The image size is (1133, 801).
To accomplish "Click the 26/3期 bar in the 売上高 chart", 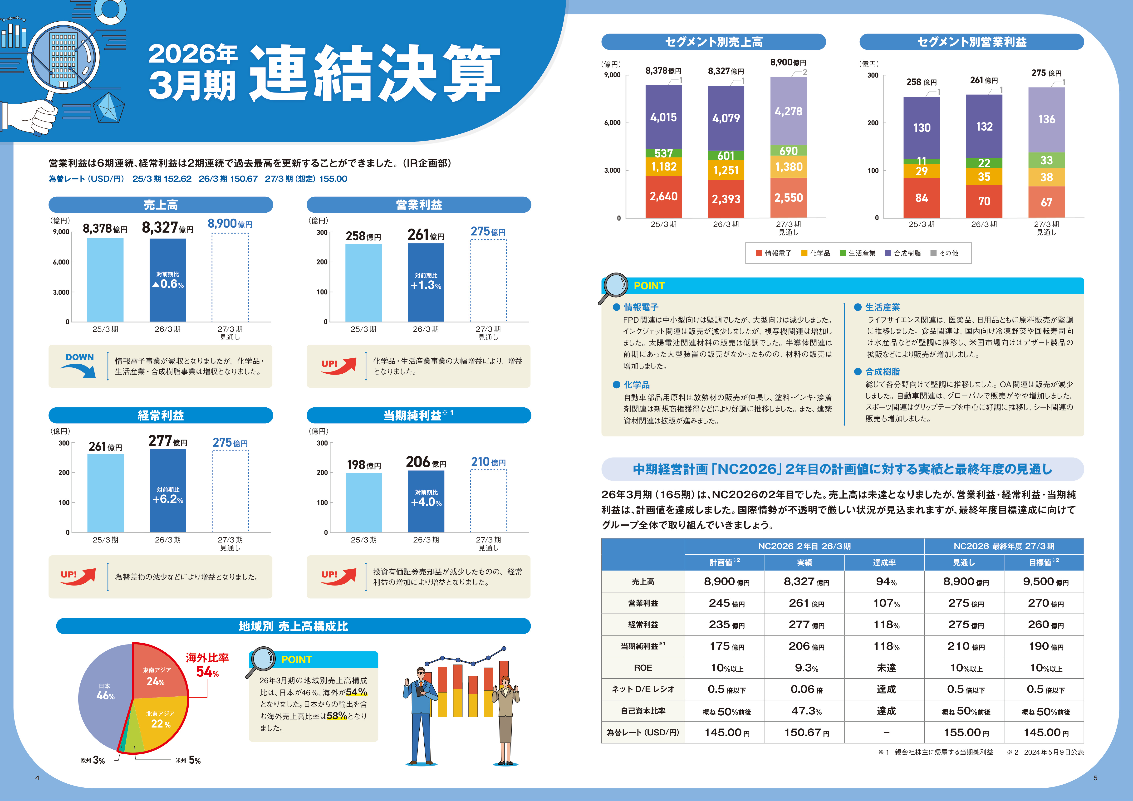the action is click(168, 280).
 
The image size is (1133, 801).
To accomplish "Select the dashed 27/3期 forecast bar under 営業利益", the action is click(488, 281).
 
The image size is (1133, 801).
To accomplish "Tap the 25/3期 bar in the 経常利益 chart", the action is click(106, 493).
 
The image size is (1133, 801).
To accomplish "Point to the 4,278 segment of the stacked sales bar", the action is click(789, 111).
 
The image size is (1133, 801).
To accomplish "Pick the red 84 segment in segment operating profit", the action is click(922, 198).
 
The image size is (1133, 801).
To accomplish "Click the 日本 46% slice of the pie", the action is click(105, 695).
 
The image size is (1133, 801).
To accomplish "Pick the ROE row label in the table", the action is click(643, 668).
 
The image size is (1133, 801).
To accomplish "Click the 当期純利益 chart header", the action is click(418, 415).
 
